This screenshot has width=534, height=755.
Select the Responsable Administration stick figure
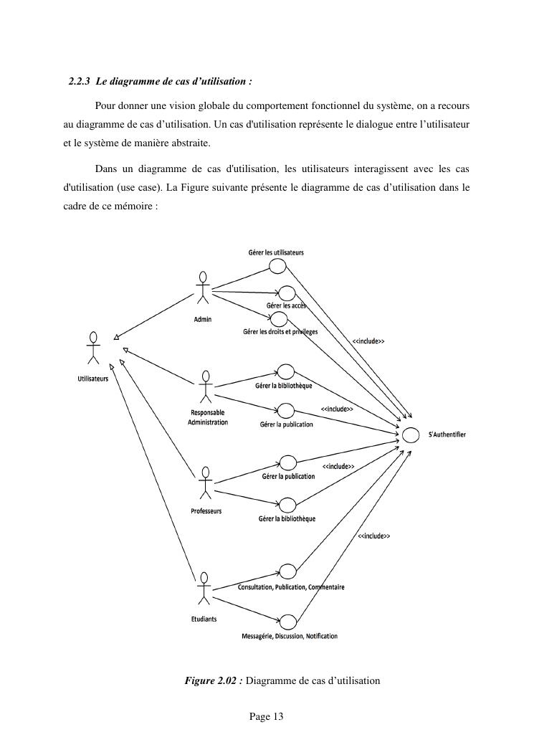[206, 387]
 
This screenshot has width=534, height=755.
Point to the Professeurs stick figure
[206, 483]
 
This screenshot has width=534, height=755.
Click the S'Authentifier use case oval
[411, 435]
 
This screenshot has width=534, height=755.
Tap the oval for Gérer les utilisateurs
[277, 266]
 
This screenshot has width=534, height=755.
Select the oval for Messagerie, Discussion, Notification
[287, 621]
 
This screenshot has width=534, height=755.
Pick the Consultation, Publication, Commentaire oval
[287, 571]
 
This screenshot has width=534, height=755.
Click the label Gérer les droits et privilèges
[280, 332]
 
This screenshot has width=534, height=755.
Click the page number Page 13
[267, 716]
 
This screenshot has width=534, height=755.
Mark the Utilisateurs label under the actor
[93, 379]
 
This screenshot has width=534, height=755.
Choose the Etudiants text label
[204, 619]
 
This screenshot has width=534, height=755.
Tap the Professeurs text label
[206, 511]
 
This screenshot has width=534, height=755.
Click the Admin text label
[203, 319]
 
